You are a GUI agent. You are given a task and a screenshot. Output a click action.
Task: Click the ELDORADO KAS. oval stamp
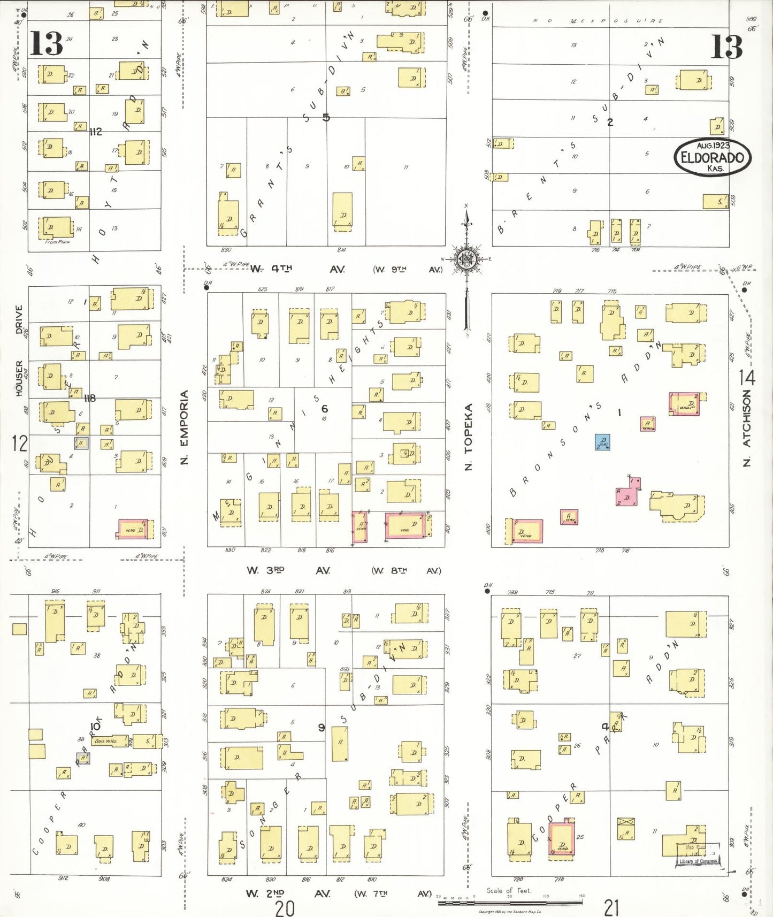(x=712, y=157)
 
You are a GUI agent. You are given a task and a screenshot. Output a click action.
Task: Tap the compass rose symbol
(x=467, y=259)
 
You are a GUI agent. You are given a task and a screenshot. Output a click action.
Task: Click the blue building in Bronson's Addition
(x=602, y=442)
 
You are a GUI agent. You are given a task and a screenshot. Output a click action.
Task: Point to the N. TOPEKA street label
(x=469, y=437)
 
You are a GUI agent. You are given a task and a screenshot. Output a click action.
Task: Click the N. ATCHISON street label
(x=747, y=427)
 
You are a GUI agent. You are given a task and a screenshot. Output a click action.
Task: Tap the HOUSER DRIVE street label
(x=19, y=350)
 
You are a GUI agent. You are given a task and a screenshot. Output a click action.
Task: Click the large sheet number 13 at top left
(x=46, y=43)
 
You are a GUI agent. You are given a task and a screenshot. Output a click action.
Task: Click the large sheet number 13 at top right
(x=726, y=47)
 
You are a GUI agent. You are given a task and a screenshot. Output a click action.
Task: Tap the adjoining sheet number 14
(x=747, y=378)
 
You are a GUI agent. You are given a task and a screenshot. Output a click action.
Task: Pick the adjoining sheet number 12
(x=19, y=443)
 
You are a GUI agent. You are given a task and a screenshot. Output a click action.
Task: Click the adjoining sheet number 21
(x=611, y=907)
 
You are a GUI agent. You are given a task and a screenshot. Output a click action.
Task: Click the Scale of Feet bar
(x=510, y=903)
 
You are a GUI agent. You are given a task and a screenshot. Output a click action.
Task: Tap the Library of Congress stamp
(x=699, y=854)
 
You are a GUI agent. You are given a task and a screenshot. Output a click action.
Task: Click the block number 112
(x=96, y=132)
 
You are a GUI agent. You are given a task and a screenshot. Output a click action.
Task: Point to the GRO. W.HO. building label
(x=106, y=741)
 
